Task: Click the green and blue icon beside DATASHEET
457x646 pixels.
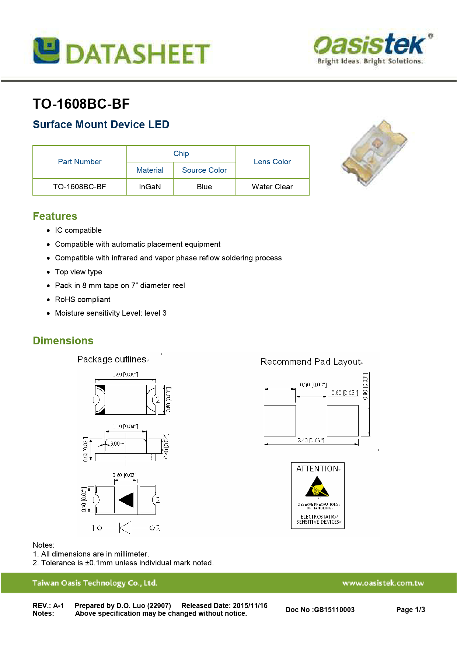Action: (x=46, y=50)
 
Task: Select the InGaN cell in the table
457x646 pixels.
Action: (x=150, y=187)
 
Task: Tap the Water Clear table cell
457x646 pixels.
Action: (x=272, y=187)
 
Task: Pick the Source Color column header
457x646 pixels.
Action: (x=204, y=170)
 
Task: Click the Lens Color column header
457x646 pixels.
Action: (x=272, y=162)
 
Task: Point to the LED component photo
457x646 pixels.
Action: (x=374, y=152)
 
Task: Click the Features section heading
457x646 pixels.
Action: (x=55, y=216)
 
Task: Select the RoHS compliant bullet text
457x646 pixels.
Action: (x=83, y=299)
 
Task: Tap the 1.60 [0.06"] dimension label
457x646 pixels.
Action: (x=125, y=375)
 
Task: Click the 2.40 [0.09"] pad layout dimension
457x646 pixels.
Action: (x=311, y=440)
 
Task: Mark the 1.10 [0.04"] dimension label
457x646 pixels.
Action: (x=125, y=426)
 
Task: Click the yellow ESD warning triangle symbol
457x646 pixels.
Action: (x=317, y=487)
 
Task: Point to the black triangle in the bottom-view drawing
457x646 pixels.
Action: (x=126, y=500)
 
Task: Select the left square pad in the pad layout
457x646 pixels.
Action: (x=280, y=421)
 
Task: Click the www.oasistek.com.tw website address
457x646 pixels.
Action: (x=383, y=583)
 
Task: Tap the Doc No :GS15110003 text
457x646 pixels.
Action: (x=320, y=610)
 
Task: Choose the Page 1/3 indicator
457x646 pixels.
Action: (x=411, y=610)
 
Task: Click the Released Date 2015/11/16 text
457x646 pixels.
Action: (x=224, y=605)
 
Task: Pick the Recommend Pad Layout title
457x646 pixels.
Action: (x=310, y=362)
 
